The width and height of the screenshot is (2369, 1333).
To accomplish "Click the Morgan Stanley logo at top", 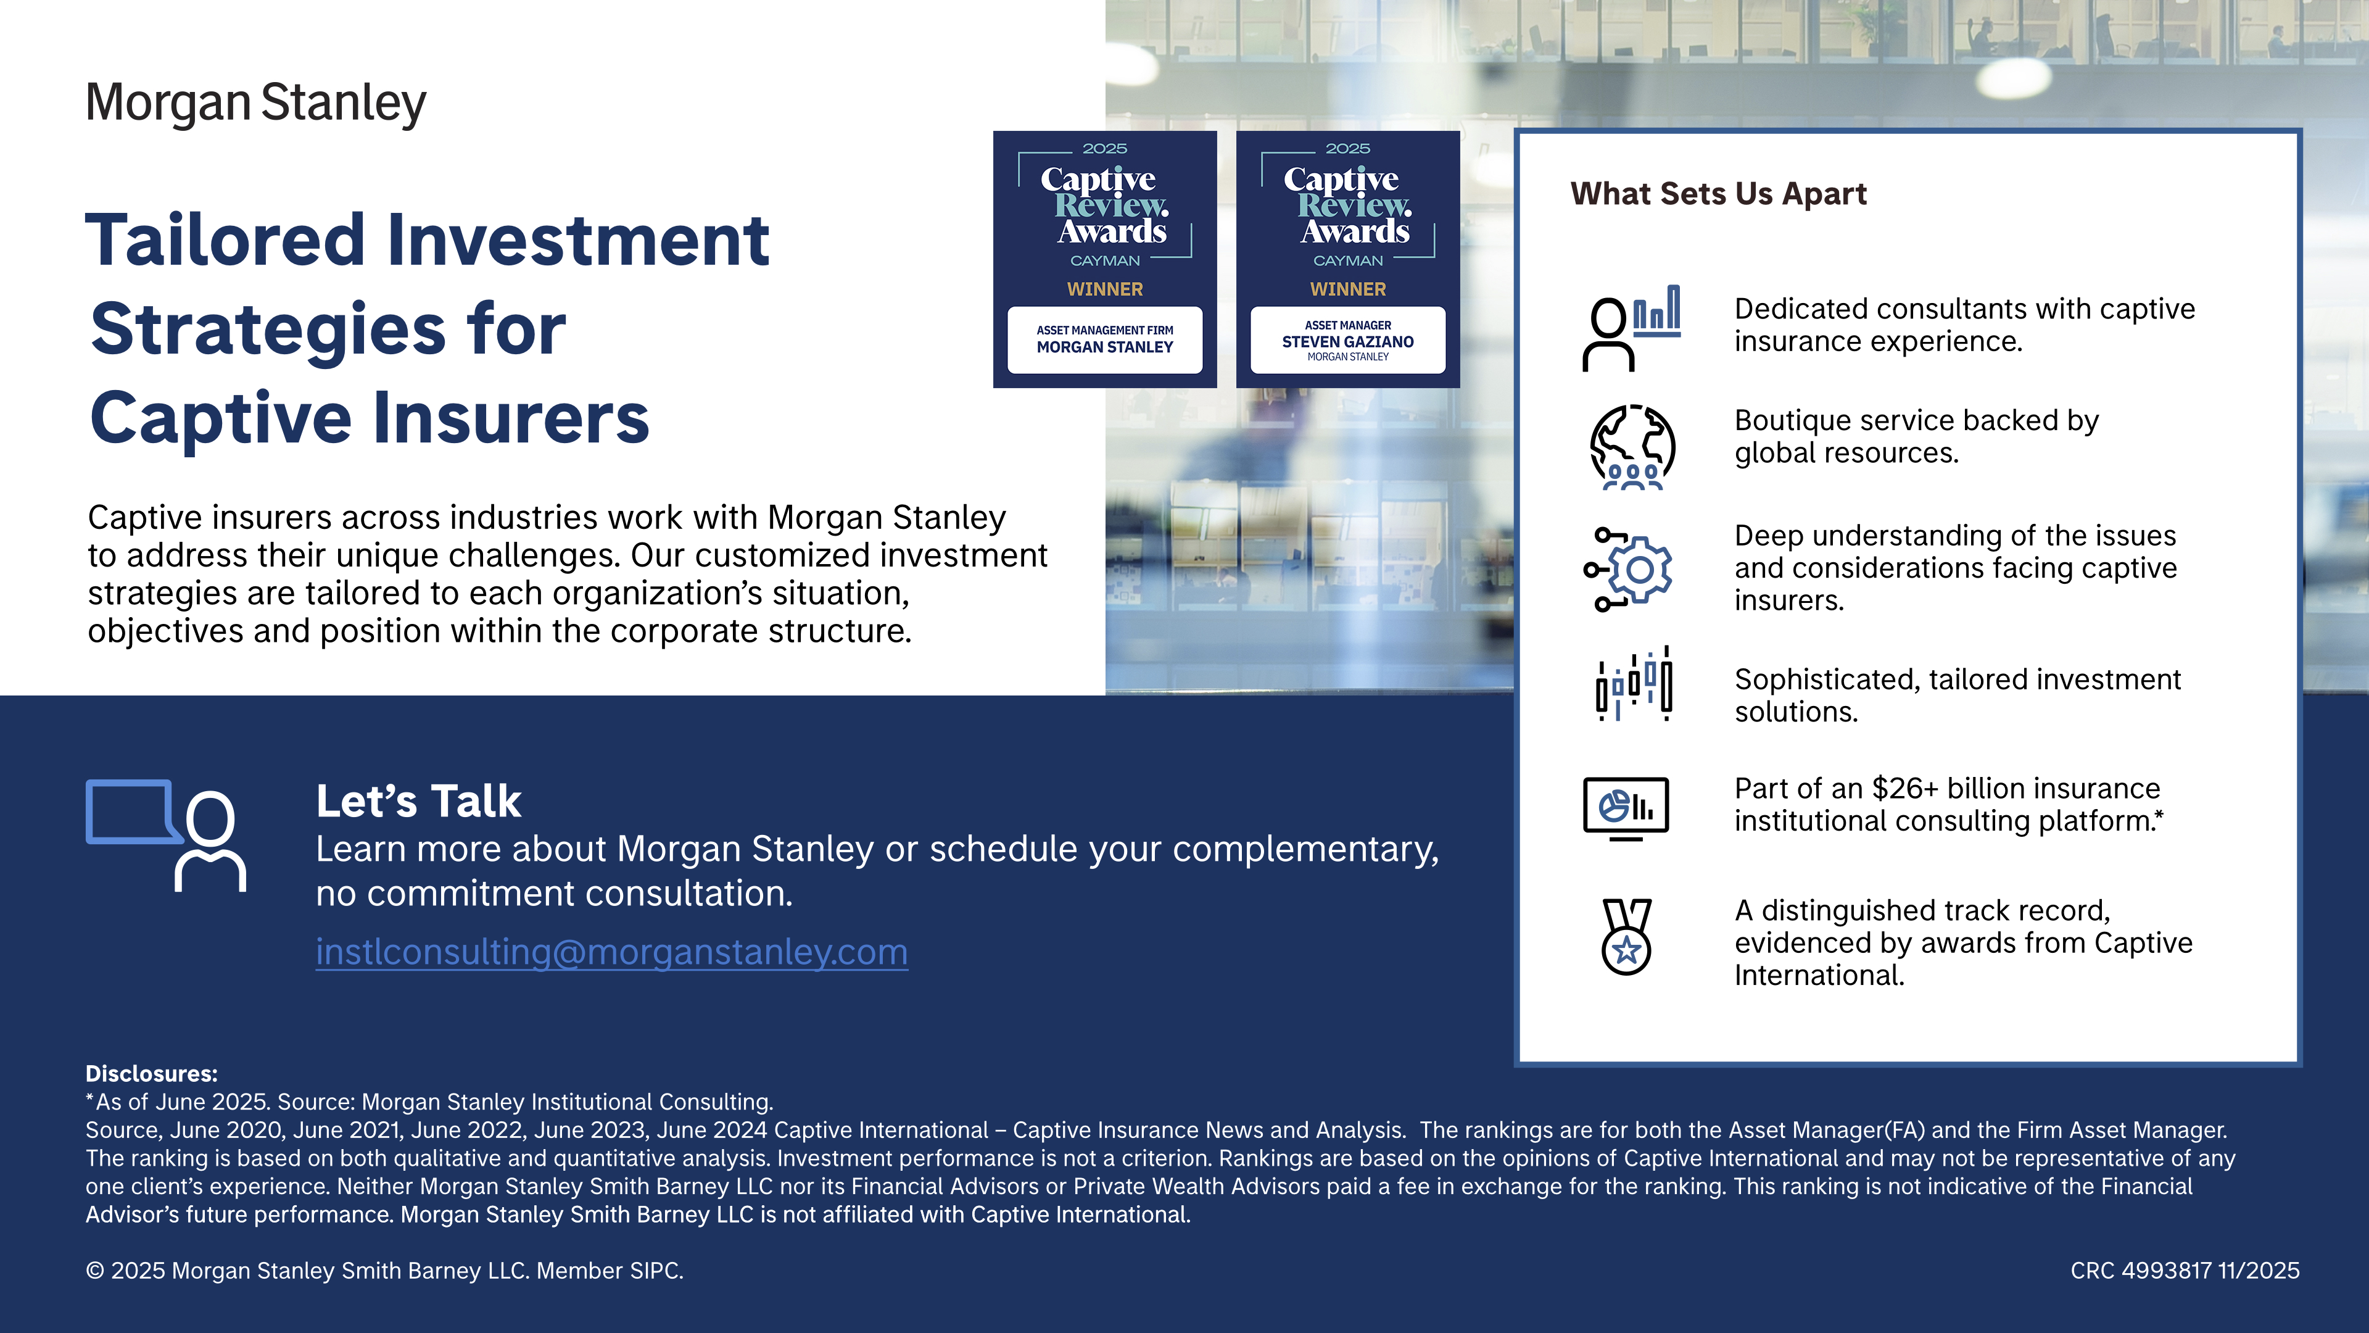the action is click(255, 103).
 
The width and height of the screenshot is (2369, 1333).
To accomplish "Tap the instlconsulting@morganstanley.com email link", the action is click(611, 951).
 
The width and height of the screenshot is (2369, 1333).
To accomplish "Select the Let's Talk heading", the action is click(418, 800).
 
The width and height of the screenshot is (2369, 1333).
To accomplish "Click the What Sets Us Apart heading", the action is click(1718, 194).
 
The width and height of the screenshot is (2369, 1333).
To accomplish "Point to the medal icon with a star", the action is click(1627, 937).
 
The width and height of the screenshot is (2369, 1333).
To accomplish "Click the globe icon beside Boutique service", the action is click(1632, 447).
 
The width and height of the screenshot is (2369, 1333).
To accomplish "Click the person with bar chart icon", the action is click(1631, 328).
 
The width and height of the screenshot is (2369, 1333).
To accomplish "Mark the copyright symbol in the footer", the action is click(95, 1271).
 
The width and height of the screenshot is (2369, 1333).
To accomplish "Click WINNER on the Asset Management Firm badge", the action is click(1104, 289).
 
